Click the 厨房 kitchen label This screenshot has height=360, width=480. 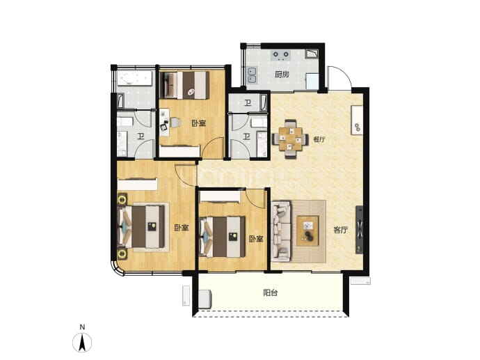pyautogui.click(x=282, y=75)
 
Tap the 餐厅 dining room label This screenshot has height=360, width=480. pyautogui.click(x=319, y=140)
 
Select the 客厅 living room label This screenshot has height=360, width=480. pyautogui.click(x=341, y=230)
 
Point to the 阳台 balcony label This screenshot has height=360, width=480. pyautogui.click(x=271, y=292)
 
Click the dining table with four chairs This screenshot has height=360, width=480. pyautogui.click(x=290, y=139)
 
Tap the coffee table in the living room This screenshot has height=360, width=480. pyautogui.click(x=307, y=230)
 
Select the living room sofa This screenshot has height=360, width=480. pyautogui.click(x=281, y=230)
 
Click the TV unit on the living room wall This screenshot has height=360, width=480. pyautogui.click(x=360, y=230)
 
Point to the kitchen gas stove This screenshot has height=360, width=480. pyautogui.click(x=281, y=55)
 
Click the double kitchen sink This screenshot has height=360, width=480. pyautogui.click(x=252, y=75)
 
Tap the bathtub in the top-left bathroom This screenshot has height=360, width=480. pyautogui.click(x=135, y=78)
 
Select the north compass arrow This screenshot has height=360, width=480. pyautogui.click(x=82, y=343)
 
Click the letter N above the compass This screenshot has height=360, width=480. pyautogui.click(x=82, y=327)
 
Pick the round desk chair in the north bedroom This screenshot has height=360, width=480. pyautogui.click(x=175, y=123)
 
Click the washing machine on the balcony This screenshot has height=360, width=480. pyautogui.click(x=205, y=299)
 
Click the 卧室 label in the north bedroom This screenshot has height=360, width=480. pyautogui.click(x=199, y=123)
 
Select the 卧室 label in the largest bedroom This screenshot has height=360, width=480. pyautogui.click(x=182, y=228)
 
